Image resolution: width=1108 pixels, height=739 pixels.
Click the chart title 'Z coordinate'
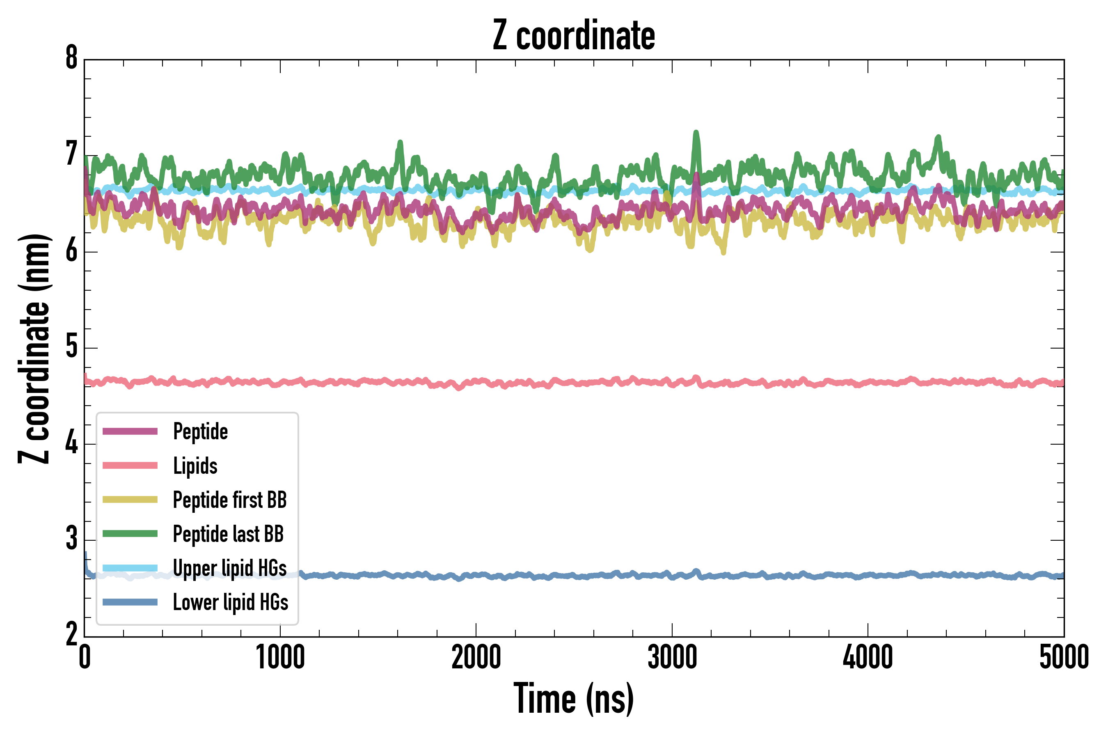click(x=573, y=36)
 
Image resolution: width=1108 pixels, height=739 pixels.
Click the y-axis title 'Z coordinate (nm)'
click(x=34, y=349)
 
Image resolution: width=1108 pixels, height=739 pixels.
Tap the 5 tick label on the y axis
click(x=71, y=347)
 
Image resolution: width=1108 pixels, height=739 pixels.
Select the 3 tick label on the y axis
click(x=71, y=539)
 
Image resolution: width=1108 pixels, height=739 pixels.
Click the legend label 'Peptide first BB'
click(x=229, y=500)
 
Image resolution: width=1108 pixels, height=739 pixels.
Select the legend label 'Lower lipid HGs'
click(x=230, y=602)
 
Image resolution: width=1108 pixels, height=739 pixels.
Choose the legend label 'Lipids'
click(x=195, y=466)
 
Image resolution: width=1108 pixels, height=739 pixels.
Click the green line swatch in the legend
click(x=130, y=533)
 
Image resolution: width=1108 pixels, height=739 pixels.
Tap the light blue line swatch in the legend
click(x=130, y=568)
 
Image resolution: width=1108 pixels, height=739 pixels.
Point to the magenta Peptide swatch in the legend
click(x=130, y=431)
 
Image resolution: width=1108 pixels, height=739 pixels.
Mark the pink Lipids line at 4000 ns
click(x=868, y=383)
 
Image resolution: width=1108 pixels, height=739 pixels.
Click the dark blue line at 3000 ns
click(x=672, y=576)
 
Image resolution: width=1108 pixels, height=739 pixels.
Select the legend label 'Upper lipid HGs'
click(x=229, y=568)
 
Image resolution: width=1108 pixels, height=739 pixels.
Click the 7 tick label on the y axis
click(x=71, y=155)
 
